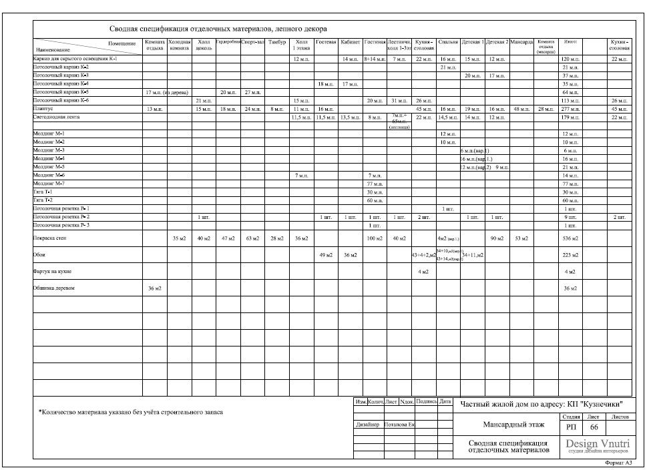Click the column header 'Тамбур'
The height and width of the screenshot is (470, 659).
tap(276, 42)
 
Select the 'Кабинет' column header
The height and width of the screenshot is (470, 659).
tap(351, 42)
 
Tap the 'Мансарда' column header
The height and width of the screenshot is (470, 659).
tap(521, 42)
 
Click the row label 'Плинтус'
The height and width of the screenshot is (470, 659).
tap(43, 108)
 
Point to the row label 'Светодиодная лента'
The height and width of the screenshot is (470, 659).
tap(53, 117)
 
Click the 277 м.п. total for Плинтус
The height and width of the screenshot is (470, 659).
tap(570, 109)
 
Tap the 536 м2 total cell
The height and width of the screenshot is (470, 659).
tap(570, 238)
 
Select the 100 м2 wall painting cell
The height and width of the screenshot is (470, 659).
tap(374, 238)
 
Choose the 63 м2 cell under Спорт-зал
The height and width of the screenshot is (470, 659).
tap(252, 238)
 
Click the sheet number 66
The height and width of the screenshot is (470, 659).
tap(594, 427)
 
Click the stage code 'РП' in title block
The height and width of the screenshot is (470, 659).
tap(571, 427)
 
